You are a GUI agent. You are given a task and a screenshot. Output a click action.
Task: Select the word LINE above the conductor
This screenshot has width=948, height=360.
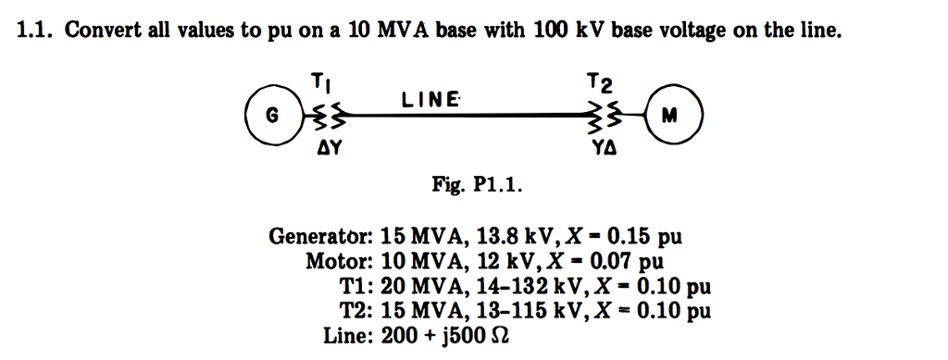click(x=430, y=99)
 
